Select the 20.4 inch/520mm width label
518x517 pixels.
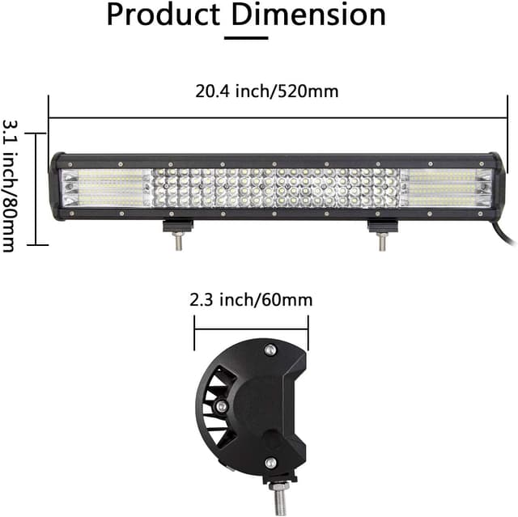[266, 91]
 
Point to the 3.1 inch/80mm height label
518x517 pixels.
[11, 185]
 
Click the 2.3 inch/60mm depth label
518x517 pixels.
[251, 300]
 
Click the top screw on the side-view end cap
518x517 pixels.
[270, 349]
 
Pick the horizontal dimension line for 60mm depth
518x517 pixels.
[251, 328]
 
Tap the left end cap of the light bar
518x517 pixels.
[56, 187]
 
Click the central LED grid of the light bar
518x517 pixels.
[275, 188]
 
